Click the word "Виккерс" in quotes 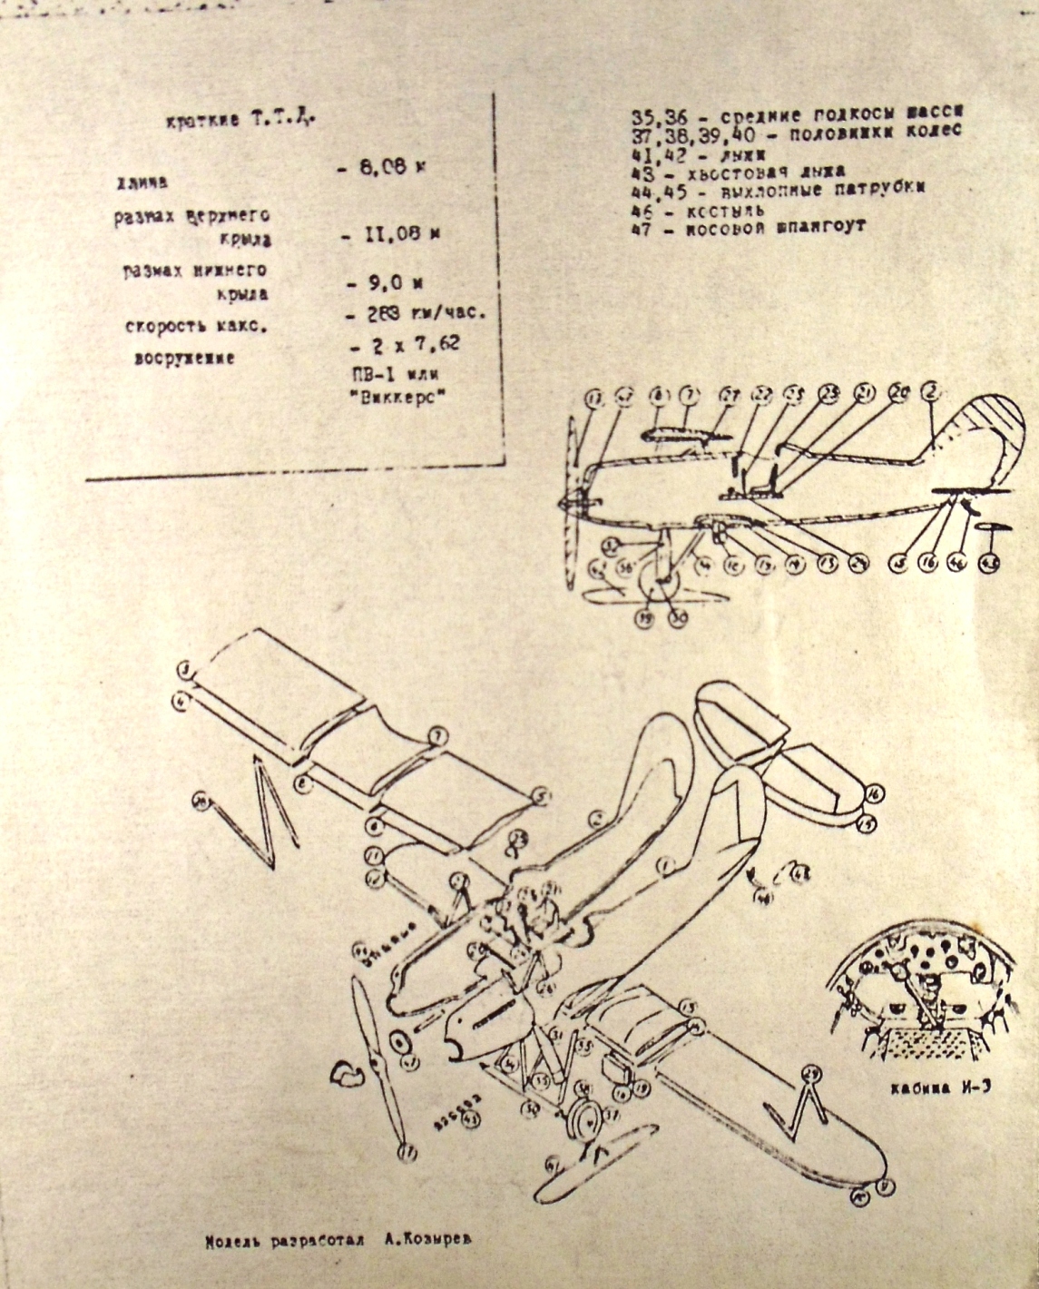(390, 399)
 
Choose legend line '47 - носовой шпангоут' (749, 227)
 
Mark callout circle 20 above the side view (898, 392)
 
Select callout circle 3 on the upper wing (185, 671)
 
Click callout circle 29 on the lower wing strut (811, 1074)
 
